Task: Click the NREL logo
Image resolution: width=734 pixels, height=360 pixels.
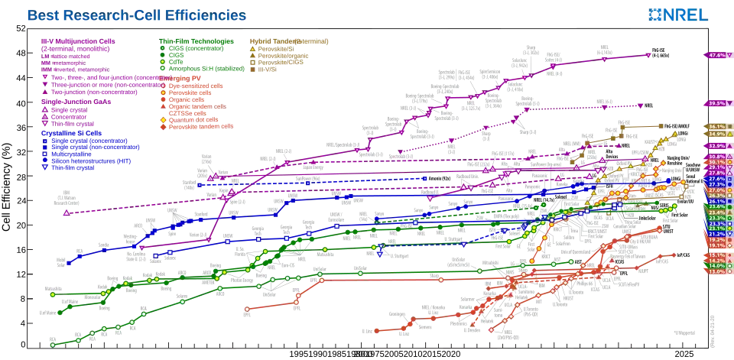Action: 679,15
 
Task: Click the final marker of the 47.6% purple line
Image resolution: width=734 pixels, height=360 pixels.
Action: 648,54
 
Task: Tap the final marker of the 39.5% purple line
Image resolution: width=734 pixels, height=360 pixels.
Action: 641,105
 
